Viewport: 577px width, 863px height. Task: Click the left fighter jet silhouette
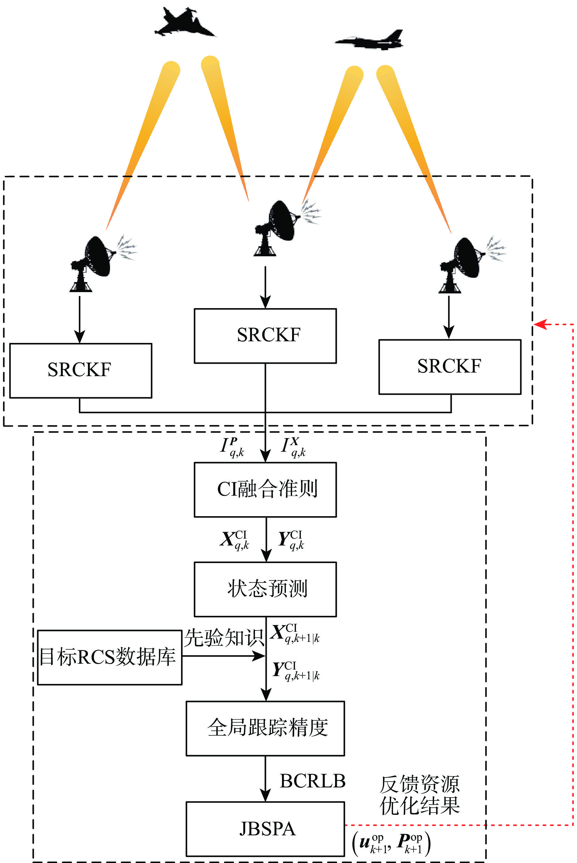(184, 23)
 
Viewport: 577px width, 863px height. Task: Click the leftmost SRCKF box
(80, 370)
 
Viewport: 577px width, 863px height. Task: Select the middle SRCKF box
(265, 336)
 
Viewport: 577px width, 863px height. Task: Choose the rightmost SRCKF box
(450, 367)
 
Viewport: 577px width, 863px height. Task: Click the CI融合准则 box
(265, 489)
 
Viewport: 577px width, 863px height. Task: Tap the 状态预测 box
(265, 589)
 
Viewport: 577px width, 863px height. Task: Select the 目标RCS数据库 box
(110, 657)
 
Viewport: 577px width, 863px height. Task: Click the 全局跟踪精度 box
(265, 728)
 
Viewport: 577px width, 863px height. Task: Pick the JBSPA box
(265, 829)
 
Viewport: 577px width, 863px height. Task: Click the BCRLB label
(312, 781)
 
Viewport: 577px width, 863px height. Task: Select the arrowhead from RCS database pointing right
(260, 656)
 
